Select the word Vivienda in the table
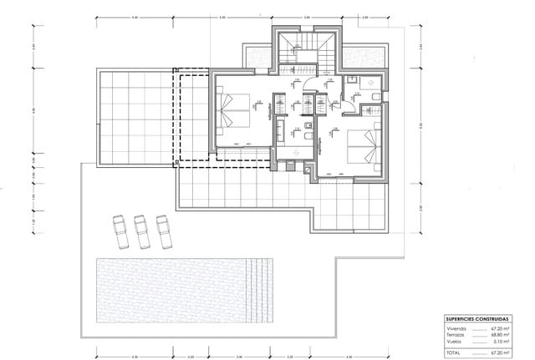click(x=456, y=329)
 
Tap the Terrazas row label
click(x=456, y=335)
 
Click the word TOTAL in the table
click(x=455, y=350)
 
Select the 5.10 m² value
click(x=502, y=341)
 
